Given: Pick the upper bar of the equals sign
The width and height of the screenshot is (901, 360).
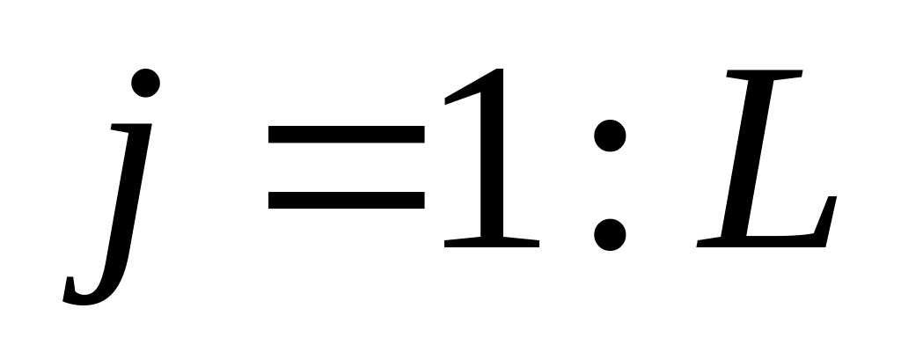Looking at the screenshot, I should [x=346, y=135].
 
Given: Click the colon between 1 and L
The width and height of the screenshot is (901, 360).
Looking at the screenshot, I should [x=610, y=185].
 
